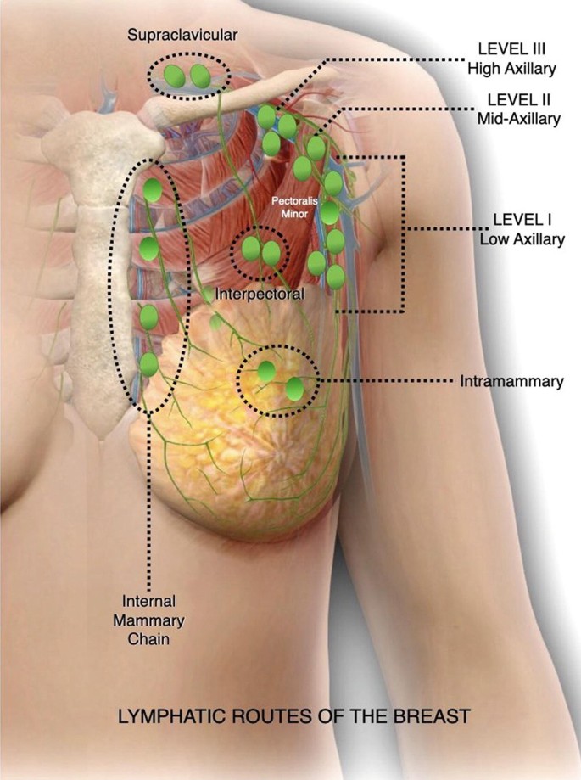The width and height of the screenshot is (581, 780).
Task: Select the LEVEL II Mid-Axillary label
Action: (518, 111)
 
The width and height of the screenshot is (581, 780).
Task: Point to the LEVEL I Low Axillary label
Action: (522, 230)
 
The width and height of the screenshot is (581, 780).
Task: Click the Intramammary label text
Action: (511, 382)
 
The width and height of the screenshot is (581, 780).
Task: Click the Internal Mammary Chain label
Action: (152, 620)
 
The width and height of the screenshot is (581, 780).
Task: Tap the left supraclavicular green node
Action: (175, 76)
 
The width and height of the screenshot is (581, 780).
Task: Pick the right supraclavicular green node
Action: (201, 76)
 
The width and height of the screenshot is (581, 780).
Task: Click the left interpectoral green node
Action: (251, 249)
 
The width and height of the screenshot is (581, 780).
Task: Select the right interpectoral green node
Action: (271, 252)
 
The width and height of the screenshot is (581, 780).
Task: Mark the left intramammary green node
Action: (266, 371)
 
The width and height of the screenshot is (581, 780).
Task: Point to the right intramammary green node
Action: (294, 389)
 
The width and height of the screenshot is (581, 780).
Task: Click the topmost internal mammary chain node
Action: (153, 190)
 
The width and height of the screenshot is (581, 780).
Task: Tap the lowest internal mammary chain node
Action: (148, 365)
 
